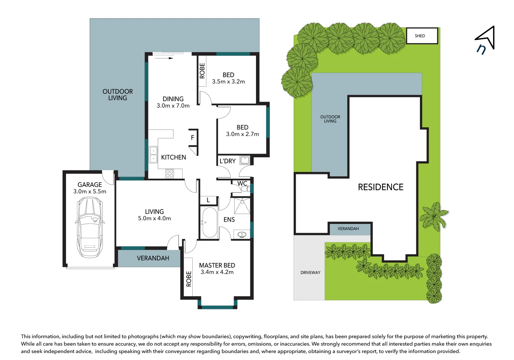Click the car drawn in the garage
[90, 227]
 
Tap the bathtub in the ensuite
[210, 222]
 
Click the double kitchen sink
[153, 155]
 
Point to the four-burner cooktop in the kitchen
[169, 173]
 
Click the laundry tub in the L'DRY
[245, 160]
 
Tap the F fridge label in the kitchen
[193, 137]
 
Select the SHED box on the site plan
[422, 36]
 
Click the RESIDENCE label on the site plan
[380, 187]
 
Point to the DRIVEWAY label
[310, 272]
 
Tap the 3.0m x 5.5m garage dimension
[90, 191]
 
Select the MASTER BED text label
[217, 265]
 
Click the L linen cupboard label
[208, 200]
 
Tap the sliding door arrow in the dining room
[164, 58]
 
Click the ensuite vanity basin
[242, 235]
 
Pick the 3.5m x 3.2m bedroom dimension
[228, 82]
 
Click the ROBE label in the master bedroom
[189, 279]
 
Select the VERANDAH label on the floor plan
[153, 258]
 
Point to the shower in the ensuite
[242, 206]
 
